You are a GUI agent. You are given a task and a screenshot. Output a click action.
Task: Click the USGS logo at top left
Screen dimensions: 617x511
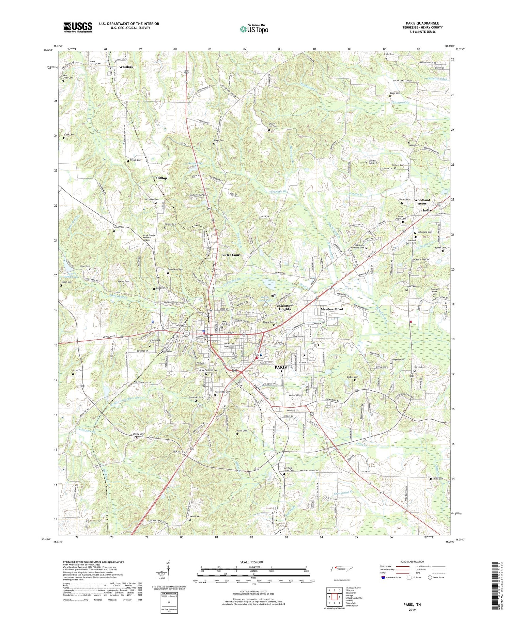pyautogui.click(x=77, y=27)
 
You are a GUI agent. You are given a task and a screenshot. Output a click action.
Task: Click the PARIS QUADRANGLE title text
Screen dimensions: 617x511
pyautogui.click(x=422, y=23)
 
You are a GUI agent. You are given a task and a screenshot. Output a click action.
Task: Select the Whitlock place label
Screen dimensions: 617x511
pyautogui.click(x=126, y=67)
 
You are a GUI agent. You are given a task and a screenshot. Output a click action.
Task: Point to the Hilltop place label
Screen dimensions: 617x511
pyautogui.click(x=161, y=178)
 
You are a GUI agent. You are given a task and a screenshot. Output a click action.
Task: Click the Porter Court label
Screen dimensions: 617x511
pyautogui.click(x=231, y=255)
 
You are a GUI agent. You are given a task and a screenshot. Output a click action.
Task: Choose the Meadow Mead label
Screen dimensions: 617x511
pyautogui.click(x=332, y=309)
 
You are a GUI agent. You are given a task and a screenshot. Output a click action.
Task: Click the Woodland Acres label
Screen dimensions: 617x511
pyautogui.click(x=422, y=201)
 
